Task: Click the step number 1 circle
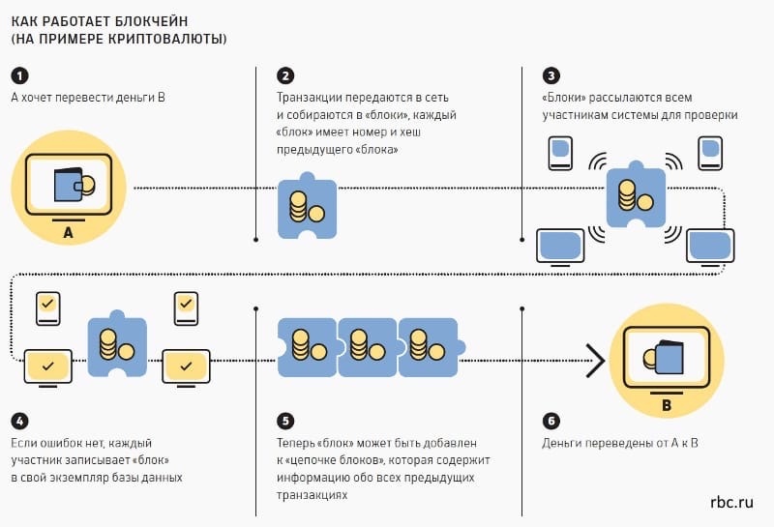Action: pos(19,76)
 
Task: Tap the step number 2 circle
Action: pos(285,76)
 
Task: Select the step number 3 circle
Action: pos(551,76)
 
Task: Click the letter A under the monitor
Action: pos(68,233)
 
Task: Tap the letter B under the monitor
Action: pos(666,405)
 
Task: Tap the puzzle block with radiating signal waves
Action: pos(635,197)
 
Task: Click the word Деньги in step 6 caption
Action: pos(563,444)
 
